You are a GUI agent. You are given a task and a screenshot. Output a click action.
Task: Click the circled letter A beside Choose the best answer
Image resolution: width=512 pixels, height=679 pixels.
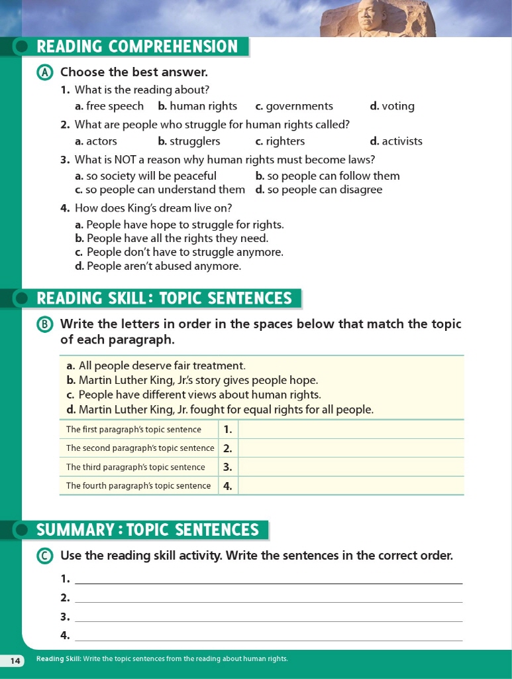click(45, 72)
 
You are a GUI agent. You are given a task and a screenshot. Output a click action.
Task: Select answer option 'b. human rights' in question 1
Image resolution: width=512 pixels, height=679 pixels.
click(197, 106)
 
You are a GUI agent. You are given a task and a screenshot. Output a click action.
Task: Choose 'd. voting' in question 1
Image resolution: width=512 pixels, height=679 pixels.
click(392, 106)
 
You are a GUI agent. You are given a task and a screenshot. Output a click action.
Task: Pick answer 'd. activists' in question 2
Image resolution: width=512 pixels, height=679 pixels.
click(395, 141)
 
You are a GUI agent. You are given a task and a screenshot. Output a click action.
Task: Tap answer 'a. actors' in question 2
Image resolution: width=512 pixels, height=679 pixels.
click(96, 141)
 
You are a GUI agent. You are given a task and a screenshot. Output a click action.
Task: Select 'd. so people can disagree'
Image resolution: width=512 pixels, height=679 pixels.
click(319, 190)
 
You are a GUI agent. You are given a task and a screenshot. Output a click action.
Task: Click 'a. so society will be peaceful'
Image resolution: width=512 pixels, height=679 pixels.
click(146, 176)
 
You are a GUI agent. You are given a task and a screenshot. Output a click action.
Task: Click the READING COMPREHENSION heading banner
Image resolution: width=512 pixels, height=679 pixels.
click(136, 46)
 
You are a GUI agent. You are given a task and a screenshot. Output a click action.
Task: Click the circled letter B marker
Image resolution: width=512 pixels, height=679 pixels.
click(45, 324)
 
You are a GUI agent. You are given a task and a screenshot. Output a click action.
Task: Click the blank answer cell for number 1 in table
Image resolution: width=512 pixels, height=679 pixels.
click(350, 429)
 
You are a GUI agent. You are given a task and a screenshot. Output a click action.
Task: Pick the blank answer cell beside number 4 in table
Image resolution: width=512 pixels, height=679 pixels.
click(350, 485)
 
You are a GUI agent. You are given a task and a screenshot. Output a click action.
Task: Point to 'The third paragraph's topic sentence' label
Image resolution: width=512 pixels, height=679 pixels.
click(136, 467)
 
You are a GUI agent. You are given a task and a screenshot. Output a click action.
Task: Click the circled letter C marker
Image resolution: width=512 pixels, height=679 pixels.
click(45, 556)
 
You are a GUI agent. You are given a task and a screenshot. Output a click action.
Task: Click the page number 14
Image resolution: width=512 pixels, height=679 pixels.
click(15, 660)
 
